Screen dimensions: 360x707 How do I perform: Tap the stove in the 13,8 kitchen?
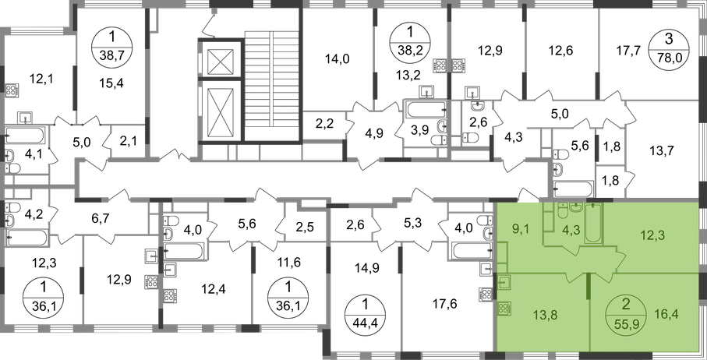tap(504, 307)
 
